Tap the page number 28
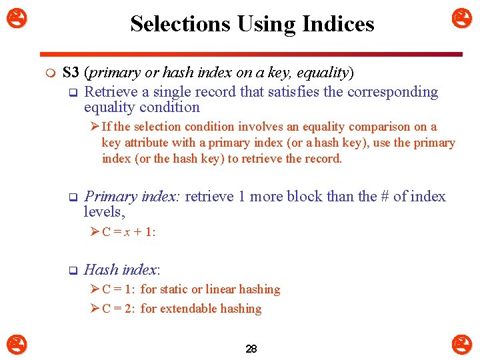pyautogui.click(x=251, y=349)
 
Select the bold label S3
pyautogui.click(x=71, y=73)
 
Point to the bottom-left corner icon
pyautogui.click(x=17, y=345)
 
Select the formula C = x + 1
pyautogui.click(x=129, y=232)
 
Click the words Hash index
pyautogui.click(x=121, y=270)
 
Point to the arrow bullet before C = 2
pyautogui.click(x=95, y=309)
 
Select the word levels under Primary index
pyautogui.click(x=103, y=212)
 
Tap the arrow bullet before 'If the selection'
pyautogui.click(x=95, y=127)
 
